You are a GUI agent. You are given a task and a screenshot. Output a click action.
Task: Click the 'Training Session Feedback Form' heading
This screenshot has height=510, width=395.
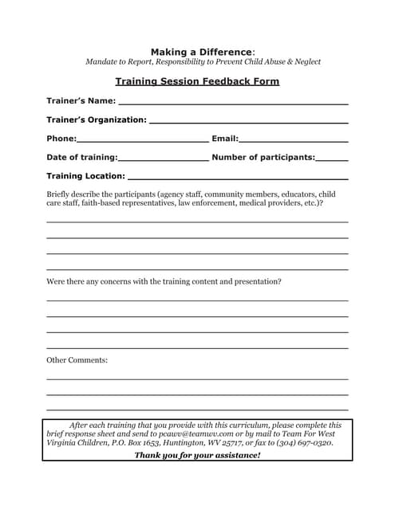tap(197, 81)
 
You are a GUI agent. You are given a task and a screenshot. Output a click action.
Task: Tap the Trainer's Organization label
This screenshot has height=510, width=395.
tap(97, 120)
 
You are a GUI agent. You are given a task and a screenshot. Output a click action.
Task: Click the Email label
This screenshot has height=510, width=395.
tap(224, 139)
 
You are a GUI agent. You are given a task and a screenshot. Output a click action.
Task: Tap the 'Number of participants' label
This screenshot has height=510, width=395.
tap(263, 157)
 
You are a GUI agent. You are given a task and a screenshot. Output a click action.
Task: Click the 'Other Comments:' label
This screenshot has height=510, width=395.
tap(77, 360)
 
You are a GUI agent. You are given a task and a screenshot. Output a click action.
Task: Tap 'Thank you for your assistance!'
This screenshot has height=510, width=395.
tap(197, 455)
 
